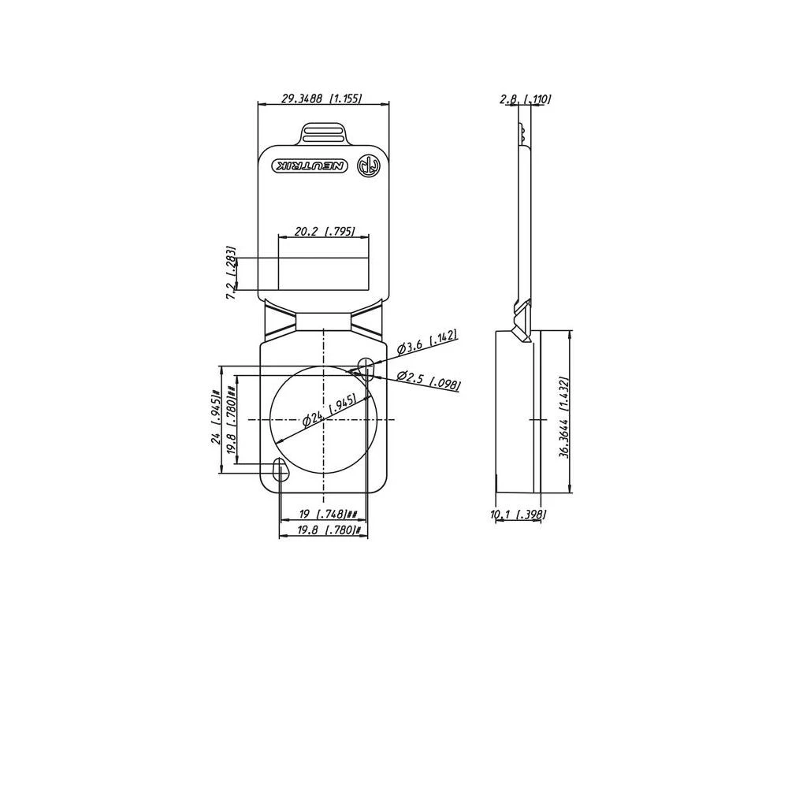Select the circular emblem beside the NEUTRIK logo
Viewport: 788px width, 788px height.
tap(368, 165)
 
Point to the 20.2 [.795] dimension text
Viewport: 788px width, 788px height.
tap(323, 232)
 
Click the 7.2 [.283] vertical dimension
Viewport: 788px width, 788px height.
tap(231, 273)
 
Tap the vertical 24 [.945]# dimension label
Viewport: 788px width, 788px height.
tap(215, 417)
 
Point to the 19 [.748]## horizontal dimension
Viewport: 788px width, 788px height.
tap(328, 514)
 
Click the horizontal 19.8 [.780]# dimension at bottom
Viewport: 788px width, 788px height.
tap(329, 530)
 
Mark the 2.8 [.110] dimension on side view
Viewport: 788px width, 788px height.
tap(525, 99)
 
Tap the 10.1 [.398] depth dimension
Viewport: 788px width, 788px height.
tap(518, 515)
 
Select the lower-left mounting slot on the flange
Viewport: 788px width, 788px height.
tap(278, 469)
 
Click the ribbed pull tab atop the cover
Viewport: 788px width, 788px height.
tap(323, 132)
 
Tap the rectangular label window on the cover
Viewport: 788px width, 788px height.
tap(323, 273)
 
